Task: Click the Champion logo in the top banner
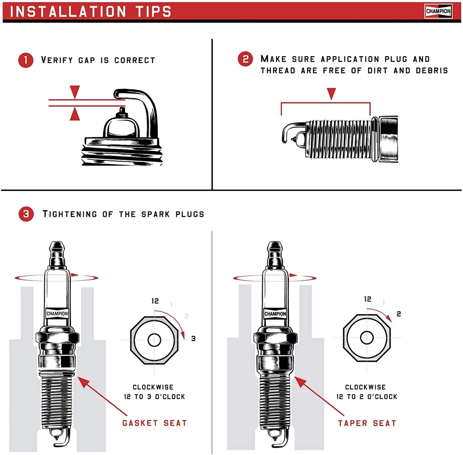[438, 11]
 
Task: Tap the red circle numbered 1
[26, 60]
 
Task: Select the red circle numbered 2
[245, 59]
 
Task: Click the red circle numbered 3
[26, 214]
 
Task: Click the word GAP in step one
[86, 60]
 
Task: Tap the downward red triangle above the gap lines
[75, 91]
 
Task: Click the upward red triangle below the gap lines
[75, 114]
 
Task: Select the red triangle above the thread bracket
[331, 93]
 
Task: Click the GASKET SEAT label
[154, 423]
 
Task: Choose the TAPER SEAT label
[367, 423]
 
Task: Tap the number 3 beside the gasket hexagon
[193, 338]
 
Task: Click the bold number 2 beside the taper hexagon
[399, 314]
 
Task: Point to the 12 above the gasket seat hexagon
[155, 301]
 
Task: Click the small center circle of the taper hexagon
[367, 337]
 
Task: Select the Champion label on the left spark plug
[57, 314]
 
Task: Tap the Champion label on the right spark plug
[275, 314]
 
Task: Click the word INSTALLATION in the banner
[68, 11]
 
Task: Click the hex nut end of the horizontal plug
[389, 140]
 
